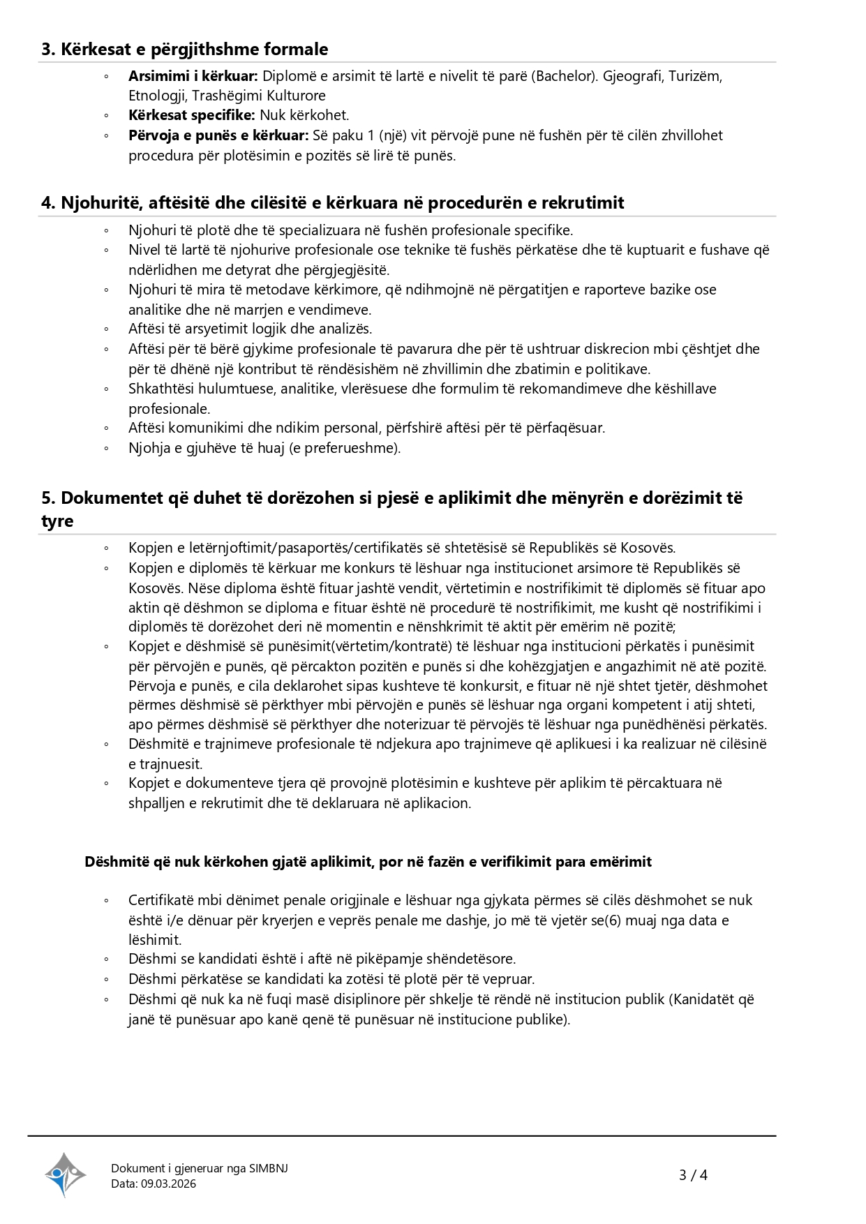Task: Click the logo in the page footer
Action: click(66, 1174)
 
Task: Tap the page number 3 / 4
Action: click(693, 1175)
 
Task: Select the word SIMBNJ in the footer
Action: click(269, 1168)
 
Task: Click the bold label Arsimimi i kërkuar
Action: click(193, 76)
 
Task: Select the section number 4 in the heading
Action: click(47, 203)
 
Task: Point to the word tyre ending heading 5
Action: click(57, 521)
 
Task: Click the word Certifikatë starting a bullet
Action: click(161, 900)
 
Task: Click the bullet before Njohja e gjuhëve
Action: click(107, 448)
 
